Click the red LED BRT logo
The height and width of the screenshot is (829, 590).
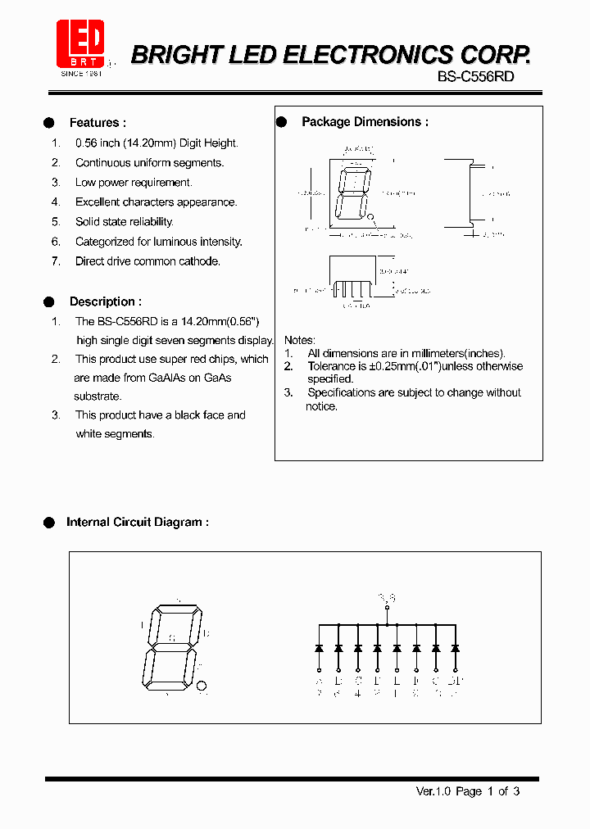click(x=80, y=45)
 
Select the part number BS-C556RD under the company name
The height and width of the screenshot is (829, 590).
click(x=475, y=76)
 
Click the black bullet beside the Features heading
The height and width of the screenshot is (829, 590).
click(x=48, y=123)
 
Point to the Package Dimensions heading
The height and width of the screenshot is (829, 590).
click(x=365, y=122)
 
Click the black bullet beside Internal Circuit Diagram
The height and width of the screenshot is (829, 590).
click(x=48, y=522)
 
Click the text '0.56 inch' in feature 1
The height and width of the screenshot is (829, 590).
click(x=98, y=143)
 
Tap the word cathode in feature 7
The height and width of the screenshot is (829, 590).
click(x=201, y=261)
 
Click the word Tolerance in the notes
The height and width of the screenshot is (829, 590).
click(x=332, y=366)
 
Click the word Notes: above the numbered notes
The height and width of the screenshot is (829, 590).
click(x=299, y=340)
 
